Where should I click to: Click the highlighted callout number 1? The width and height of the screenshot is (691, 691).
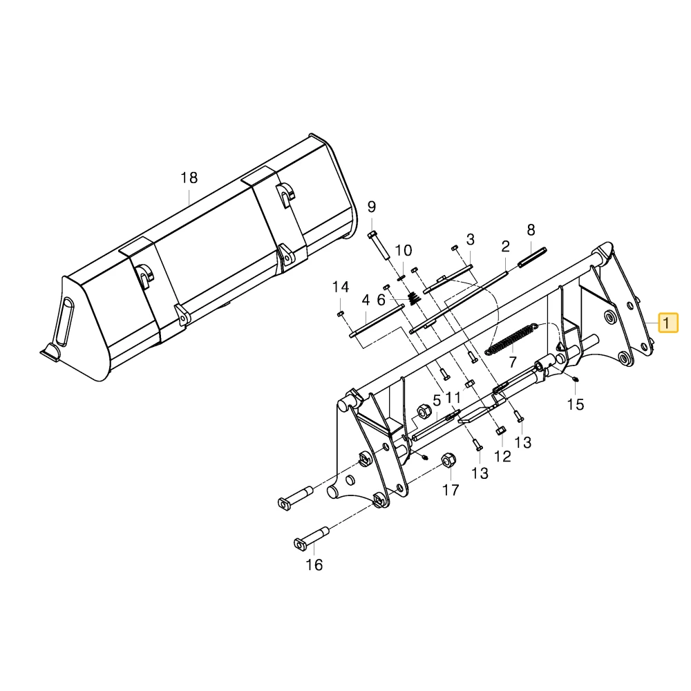click(x=668, y=323)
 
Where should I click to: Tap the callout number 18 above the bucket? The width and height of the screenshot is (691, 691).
click(x=189, y=178)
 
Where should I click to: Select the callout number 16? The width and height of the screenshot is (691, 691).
click(x=314, y=565)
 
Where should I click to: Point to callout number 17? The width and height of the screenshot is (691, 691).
click(x=451, y=490)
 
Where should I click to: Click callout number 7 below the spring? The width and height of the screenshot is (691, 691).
click(x=512, y=362)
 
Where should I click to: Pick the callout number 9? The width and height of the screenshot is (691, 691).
click(x=372, y=207)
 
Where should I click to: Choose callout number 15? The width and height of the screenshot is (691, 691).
click(x=576, y=404)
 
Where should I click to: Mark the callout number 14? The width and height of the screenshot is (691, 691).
click(x=340, y=287)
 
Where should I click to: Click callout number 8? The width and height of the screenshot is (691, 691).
click(x=531, y=230)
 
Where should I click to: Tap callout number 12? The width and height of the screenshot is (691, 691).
click(x=502, y=457)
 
